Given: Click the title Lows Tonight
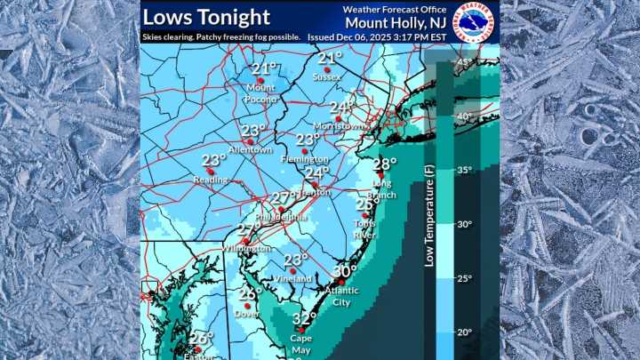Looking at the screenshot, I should (x=206, y=16).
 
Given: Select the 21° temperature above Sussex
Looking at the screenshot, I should (x=329, y=59).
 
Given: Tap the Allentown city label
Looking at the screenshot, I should (x=251, y=150).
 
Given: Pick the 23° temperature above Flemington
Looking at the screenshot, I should (x=308, y=140).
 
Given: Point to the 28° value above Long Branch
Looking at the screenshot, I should (x=384, y=164).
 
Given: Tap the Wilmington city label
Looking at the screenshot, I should (x=246, y=249).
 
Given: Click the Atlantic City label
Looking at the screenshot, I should (x=342, y=295).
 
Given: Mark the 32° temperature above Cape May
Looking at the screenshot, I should (x=305, y=318).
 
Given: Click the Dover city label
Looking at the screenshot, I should (x=246, y=314).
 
